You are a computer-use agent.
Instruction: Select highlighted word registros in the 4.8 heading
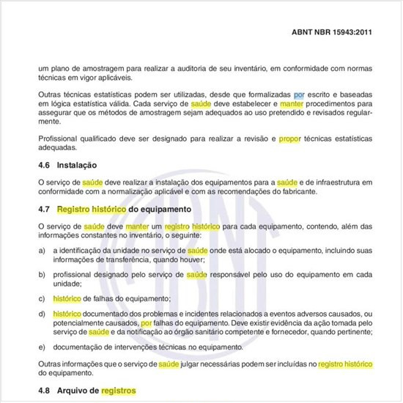coord(119,391)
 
